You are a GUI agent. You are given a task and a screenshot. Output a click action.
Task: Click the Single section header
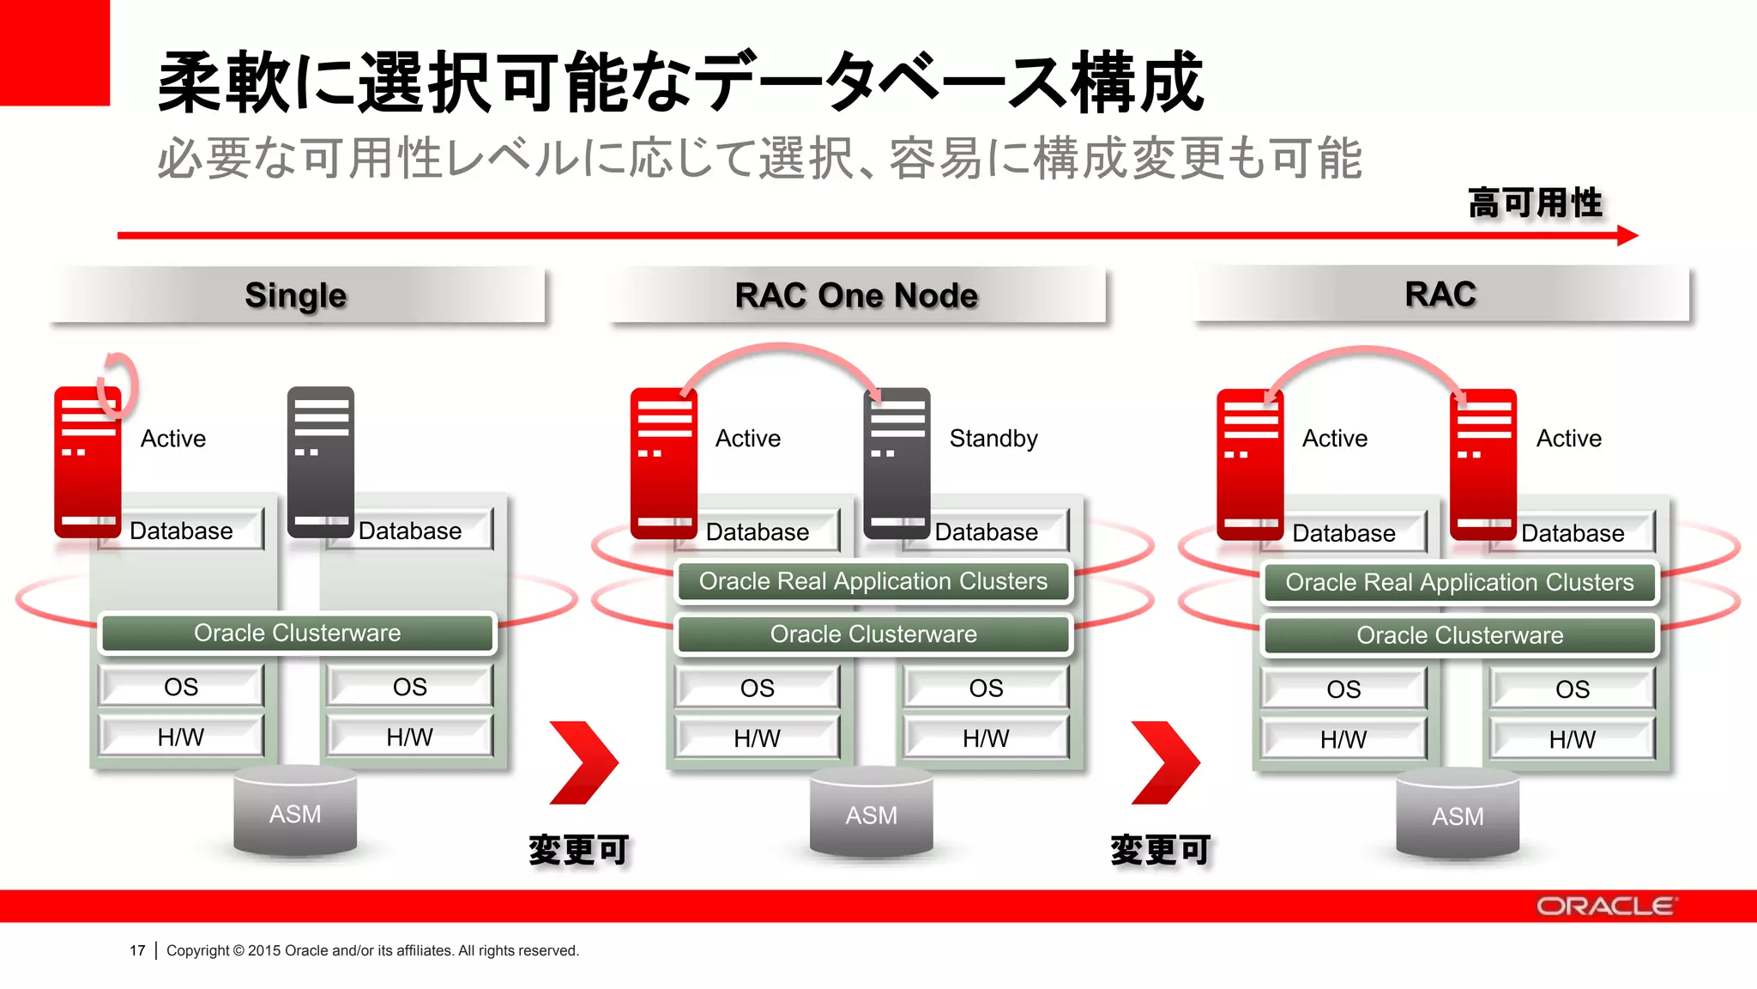296,295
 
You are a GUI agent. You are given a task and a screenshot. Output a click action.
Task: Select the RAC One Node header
856,295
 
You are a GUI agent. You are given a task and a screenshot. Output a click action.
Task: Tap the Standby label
993,439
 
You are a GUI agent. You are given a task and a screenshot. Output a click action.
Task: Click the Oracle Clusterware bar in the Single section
297,634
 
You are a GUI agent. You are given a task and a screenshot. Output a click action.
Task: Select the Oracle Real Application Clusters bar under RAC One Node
872,582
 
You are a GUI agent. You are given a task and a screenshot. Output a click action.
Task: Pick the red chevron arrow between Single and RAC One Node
583,762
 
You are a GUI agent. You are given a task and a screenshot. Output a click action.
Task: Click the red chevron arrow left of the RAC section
1165,762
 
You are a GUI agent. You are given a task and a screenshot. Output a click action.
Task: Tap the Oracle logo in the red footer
1604,907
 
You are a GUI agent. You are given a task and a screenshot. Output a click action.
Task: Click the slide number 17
137,950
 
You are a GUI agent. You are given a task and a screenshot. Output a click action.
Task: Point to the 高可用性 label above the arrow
1534,203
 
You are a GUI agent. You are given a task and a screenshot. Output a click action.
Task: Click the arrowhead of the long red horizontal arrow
1627,235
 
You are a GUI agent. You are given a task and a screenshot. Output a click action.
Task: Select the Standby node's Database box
986,532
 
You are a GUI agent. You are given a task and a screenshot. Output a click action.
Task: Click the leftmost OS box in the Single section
181,687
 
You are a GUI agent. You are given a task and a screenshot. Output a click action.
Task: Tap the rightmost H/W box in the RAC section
1572,739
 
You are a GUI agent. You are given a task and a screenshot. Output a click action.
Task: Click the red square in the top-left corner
54,52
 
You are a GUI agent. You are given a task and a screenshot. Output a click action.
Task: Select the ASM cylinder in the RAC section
1457,816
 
